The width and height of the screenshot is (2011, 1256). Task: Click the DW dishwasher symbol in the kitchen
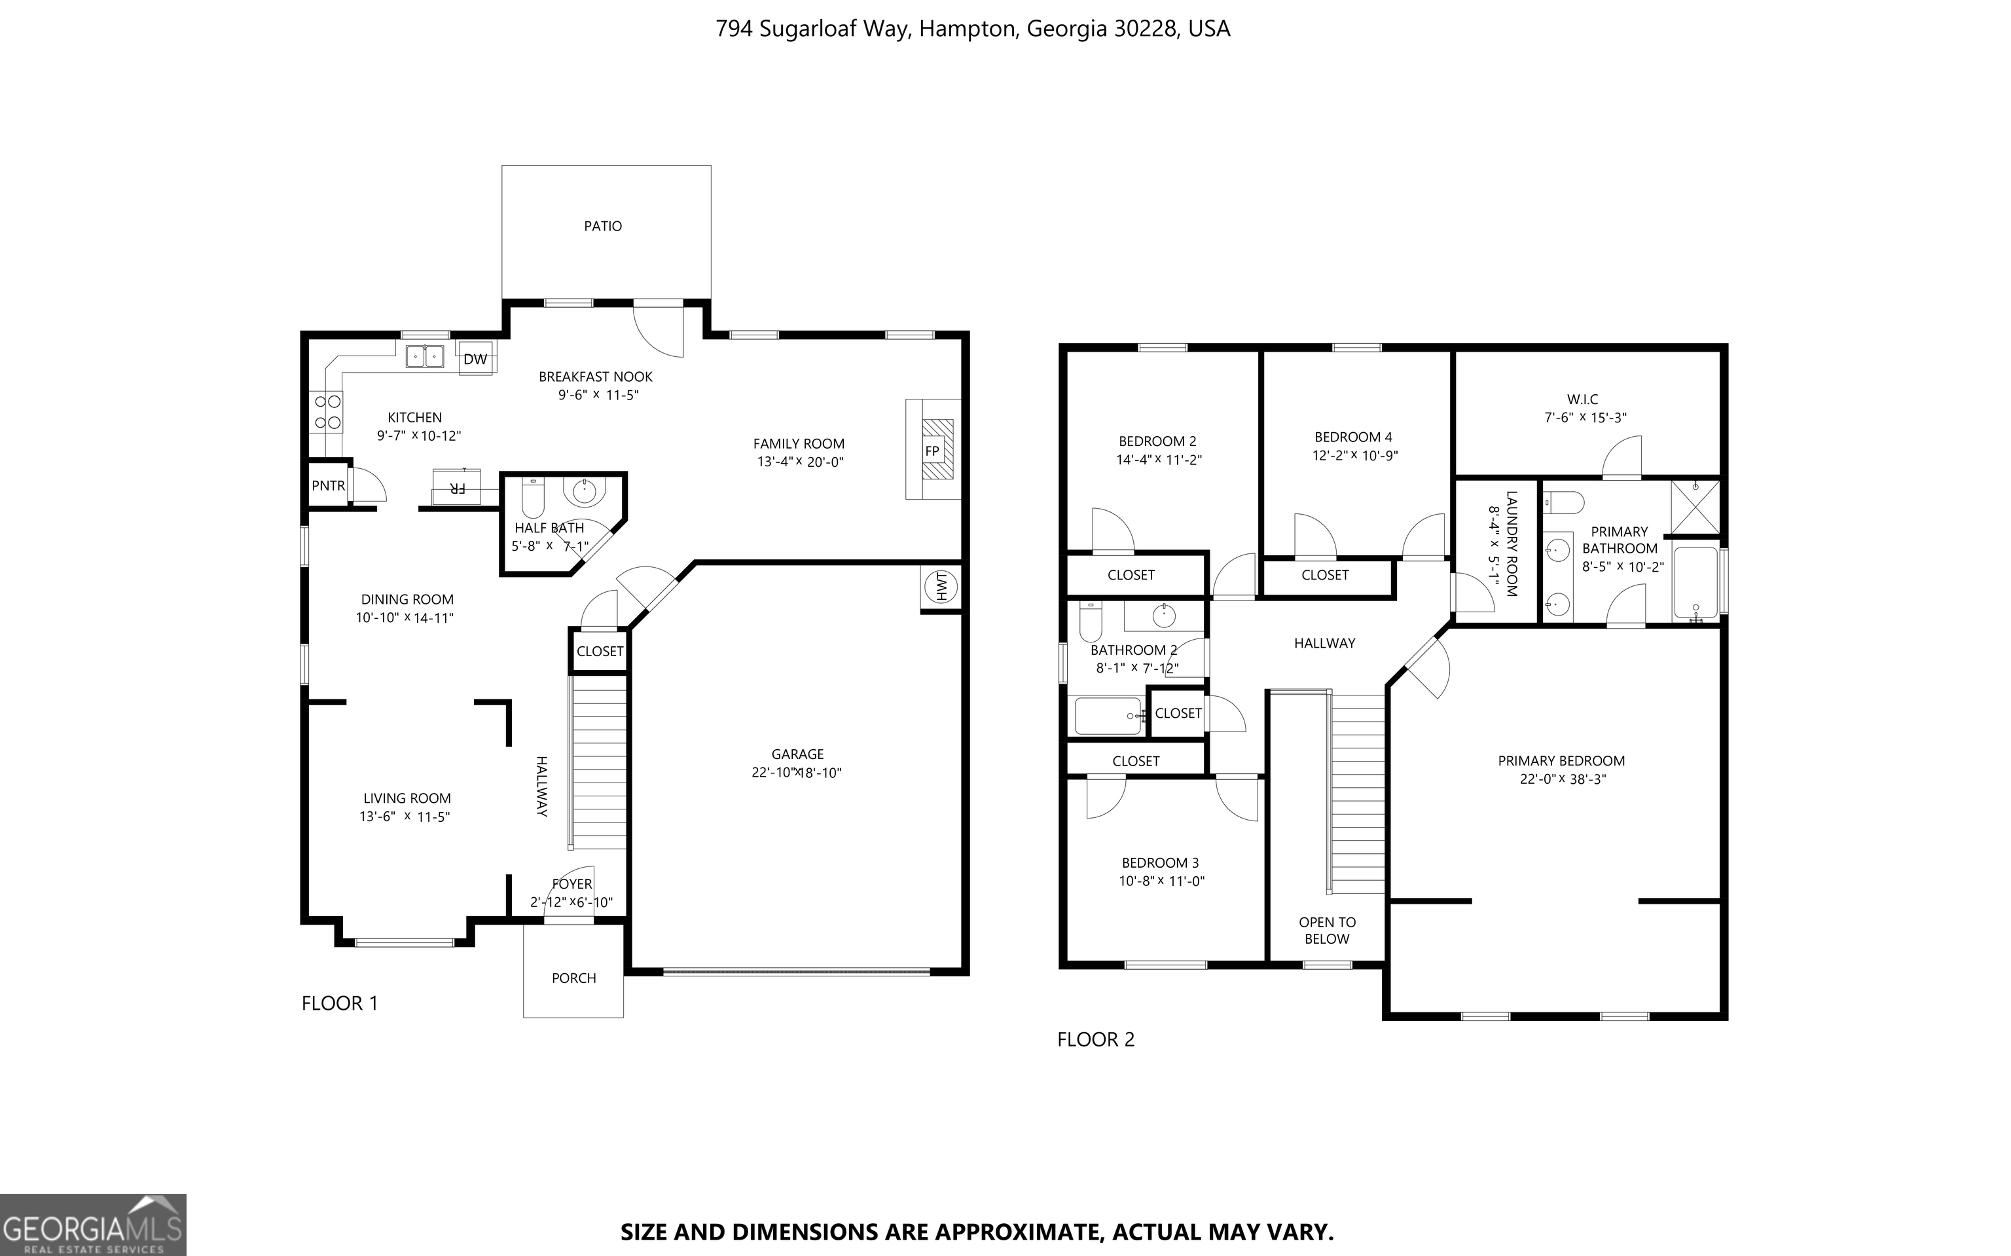(x=475, y=359)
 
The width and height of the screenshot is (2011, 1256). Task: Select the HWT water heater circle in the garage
(x=941, y=587)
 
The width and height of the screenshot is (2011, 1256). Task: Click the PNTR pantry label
(x=328, y=485)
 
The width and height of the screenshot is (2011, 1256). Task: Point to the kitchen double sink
(x=424, y=356)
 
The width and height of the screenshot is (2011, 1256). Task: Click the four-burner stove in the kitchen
(x=327, y=412)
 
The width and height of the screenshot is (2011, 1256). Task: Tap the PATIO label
(x=603, y=226)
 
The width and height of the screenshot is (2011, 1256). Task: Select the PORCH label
(x=573, y=978)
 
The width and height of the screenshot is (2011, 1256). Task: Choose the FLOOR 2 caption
(x=1095, y=1039)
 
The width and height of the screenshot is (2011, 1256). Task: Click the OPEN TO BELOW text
(x=1327, y=931)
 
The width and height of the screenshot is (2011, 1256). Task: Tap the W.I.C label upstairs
(x=1583, y=399)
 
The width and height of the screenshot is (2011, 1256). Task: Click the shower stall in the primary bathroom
(x=1695, y=506)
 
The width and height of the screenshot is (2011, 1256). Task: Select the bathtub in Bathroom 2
(x=1108, y=716)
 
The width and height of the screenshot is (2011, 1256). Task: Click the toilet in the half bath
(x=532, y=498)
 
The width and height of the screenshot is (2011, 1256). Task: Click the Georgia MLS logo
(x=93, y=1225)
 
